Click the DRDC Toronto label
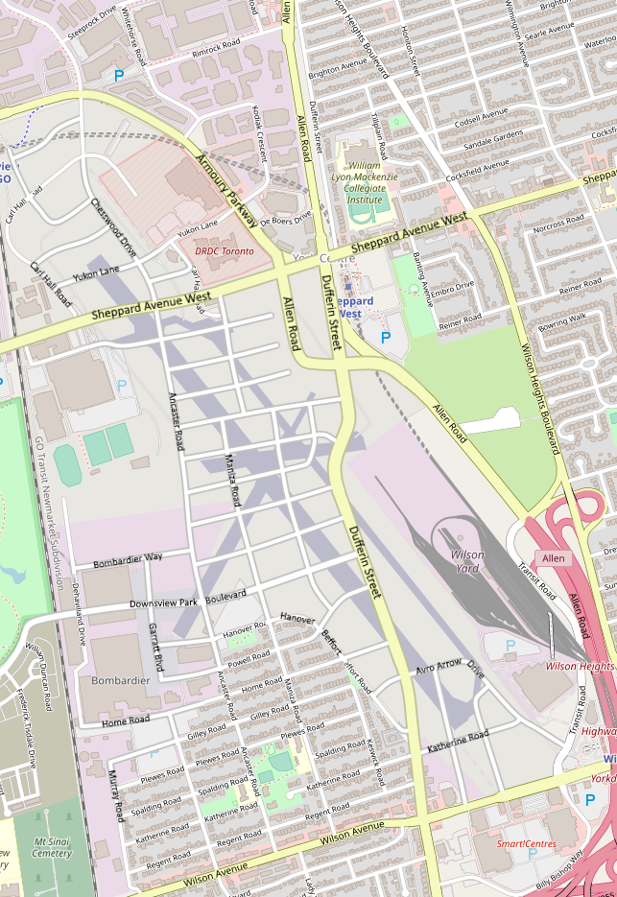pos(225,250)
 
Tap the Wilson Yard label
pos(466,560)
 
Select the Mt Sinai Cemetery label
pos(52,847)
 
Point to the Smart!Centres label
pos(527,844)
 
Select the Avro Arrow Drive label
pos(449,669)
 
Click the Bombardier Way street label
pos(128,556)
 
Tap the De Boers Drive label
pos(286,220)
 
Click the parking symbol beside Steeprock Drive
pos(119,75)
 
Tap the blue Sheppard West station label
pos(354,307)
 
